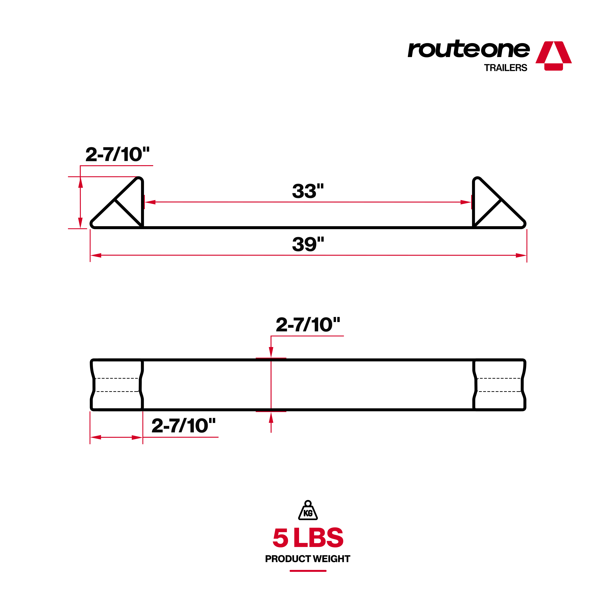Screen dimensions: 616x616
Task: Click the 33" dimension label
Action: tap(308, 191)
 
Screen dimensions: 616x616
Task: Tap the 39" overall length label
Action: tap(308, 245)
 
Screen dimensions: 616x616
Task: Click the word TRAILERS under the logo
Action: tap(505, 68)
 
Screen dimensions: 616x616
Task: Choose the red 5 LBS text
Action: tap(308, 538)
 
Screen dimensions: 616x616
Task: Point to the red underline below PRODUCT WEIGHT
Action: tap(308, 571)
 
